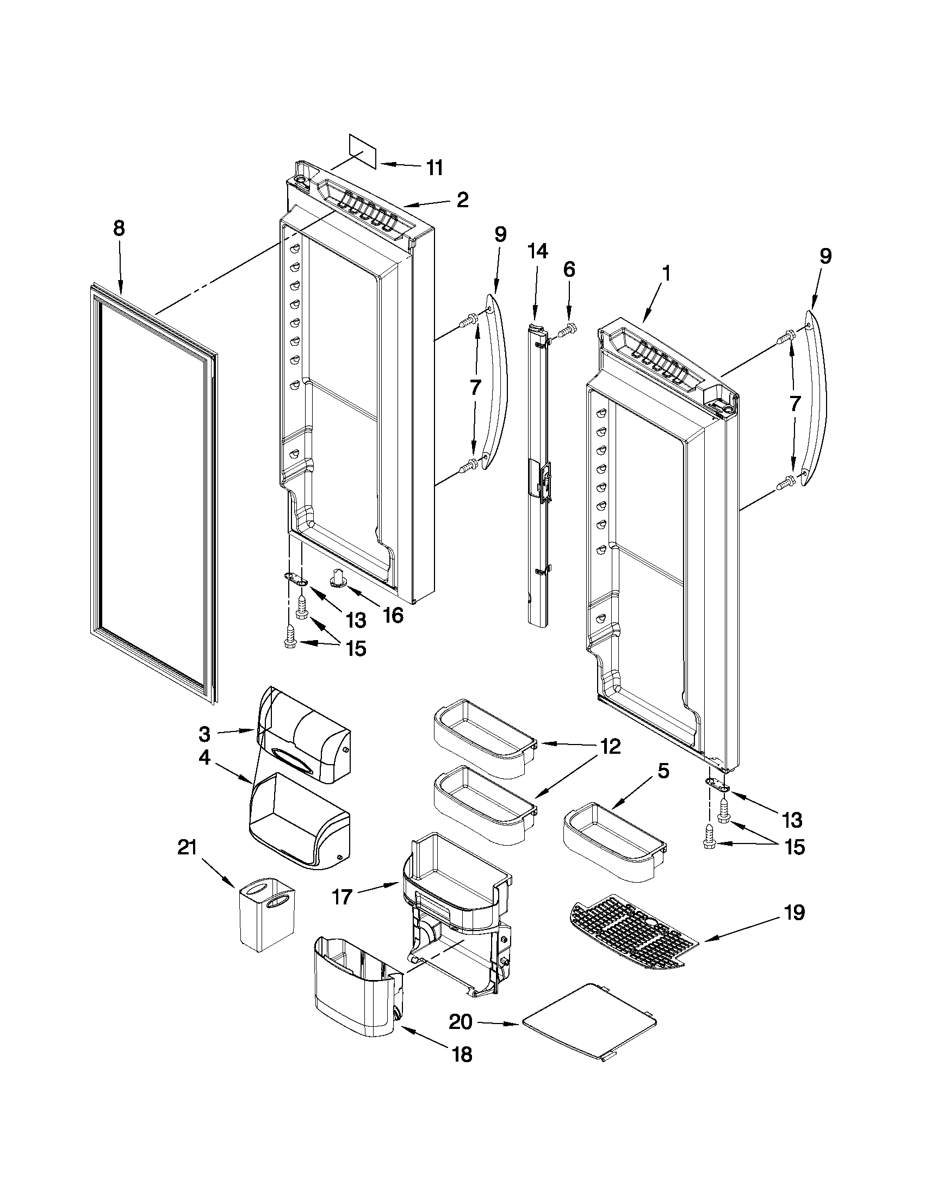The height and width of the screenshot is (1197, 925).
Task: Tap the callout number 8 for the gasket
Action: [119, 228]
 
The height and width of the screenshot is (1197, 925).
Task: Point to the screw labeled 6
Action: [566, 332]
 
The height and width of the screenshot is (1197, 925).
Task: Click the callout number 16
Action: [393, 615]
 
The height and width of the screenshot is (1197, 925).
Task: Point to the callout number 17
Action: [342, 898]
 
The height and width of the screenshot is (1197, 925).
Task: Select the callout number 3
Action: [204, 733]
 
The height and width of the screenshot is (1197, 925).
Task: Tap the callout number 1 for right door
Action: [666, 274]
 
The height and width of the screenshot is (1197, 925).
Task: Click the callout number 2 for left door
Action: [462, 200]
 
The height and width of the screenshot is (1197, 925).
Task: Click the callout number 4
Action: [204, 760]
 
